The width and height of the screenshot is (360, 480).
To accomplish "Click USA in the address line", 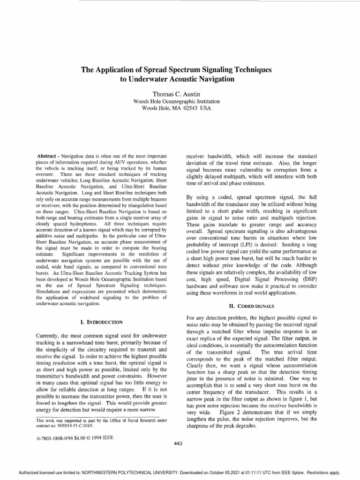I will (x=205, y=108).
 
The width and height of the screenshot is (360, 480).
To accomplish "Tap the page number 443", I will (x=178, y=443).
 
